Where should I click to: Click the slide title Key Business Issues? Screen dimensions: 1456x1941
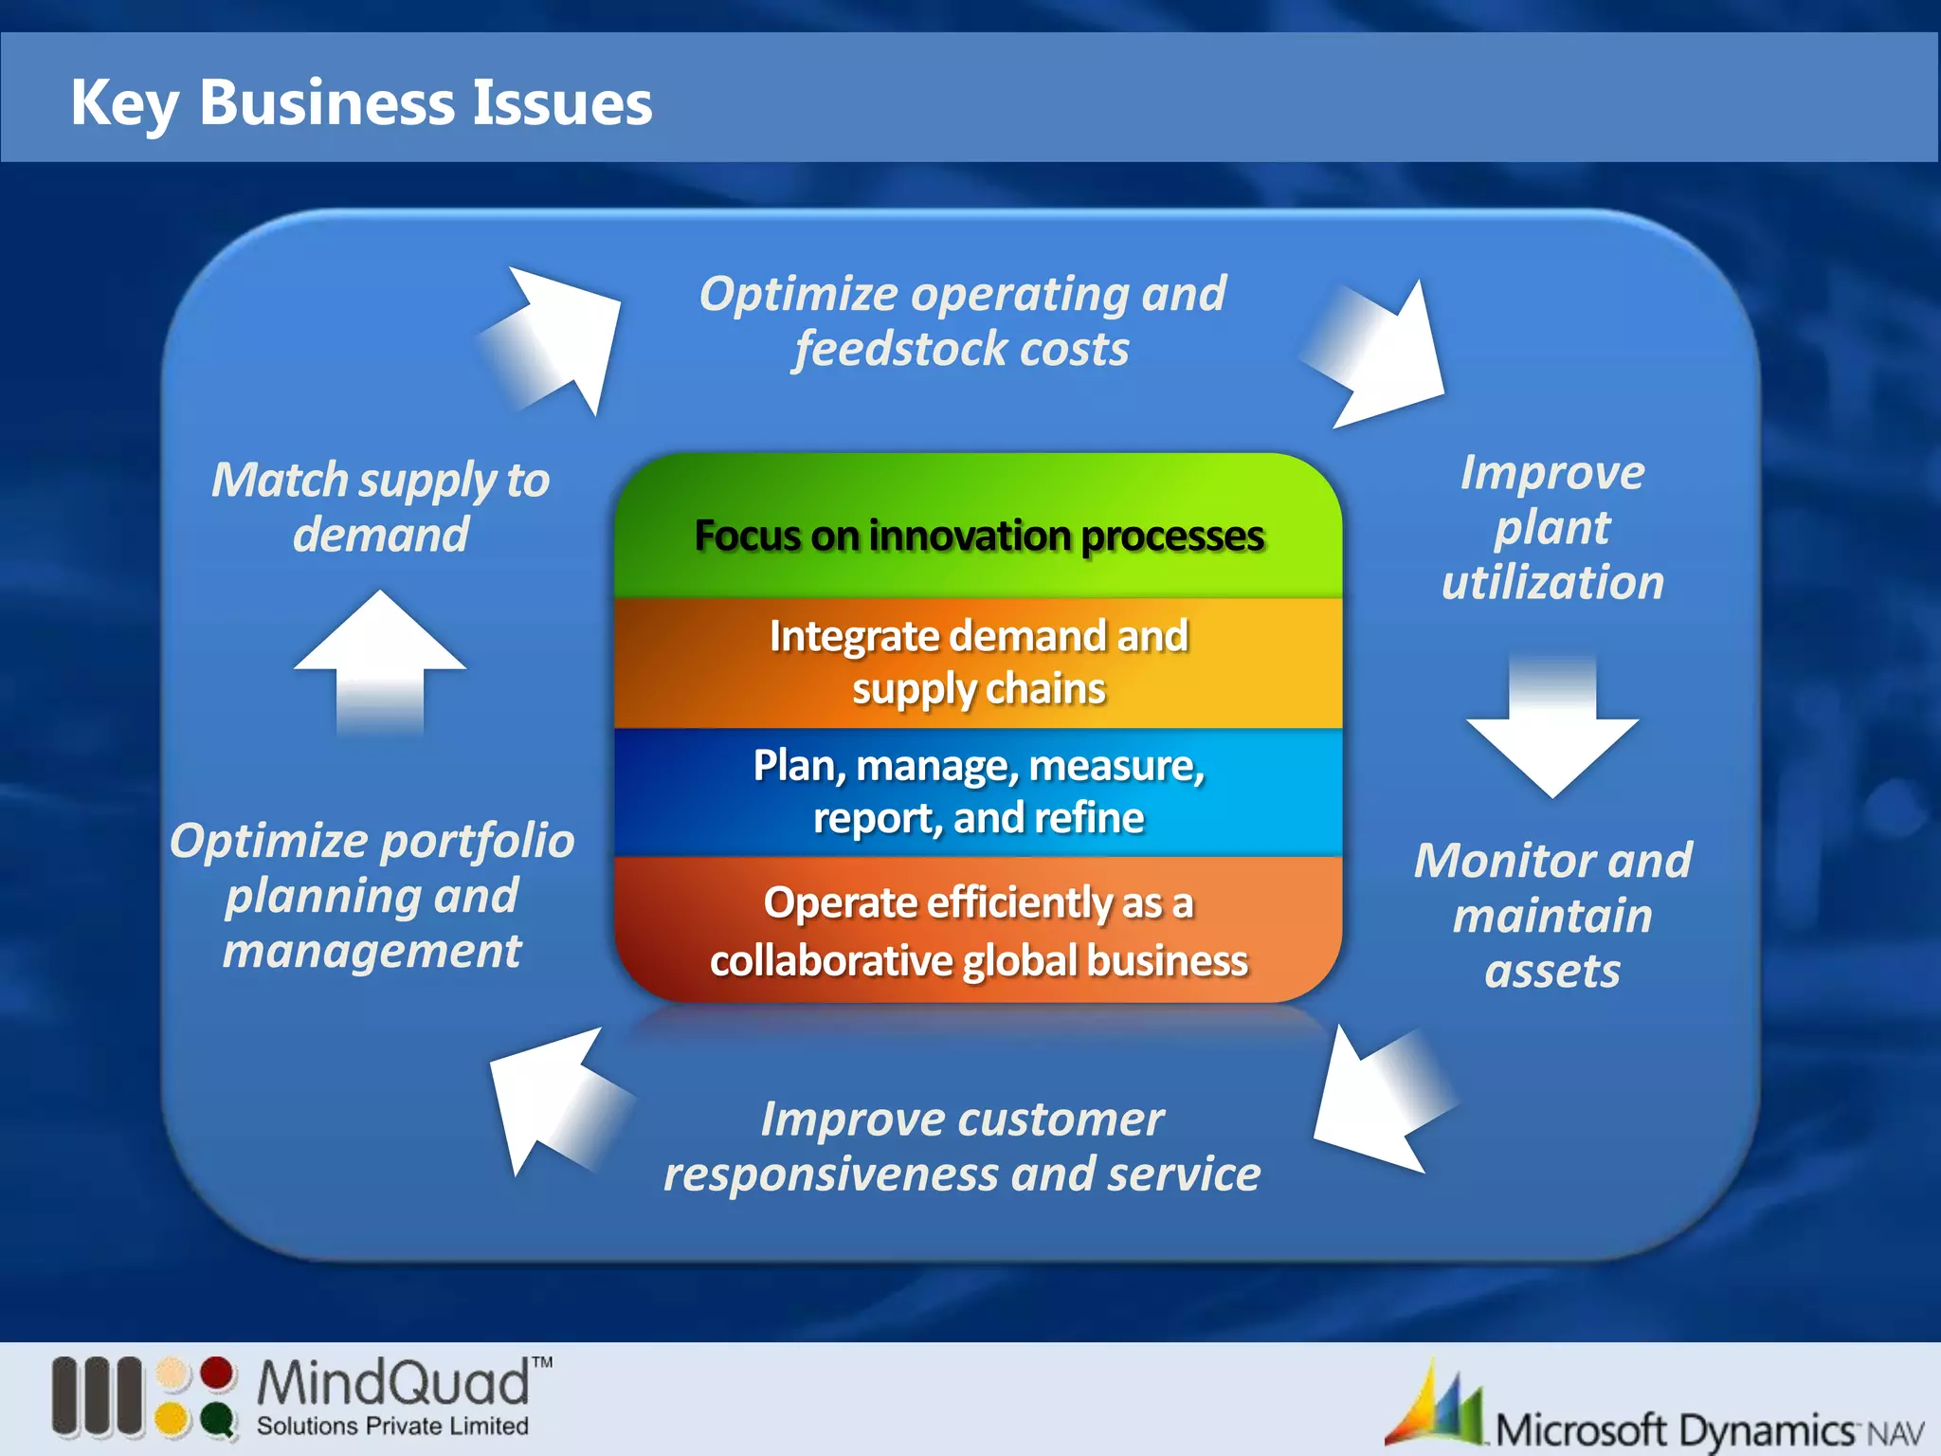click(x=361, y=102)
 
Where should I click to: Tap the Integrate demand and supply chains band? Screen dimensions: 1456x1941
click(x=978, y=662)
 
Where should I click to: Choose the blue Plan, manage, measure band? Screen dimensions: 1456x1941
click(x=978, y=791)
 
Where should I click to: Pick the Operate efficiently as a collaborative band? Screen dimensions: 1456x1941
click(x=978, y=930)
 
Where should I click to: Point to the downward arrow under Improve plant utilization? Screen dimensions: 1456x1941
click(x=1552, y=730)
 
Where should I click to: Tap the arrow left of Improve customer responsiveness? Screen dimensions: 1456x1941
click(x=554, y=1100)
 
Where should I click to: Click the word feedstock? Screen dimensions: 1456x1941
click(x=888, y=349)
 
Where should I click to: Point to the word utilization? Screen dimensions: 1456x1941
click(x=1552, y=582)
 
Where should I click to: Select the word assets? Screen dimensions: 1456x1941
click(x=1552, y=972)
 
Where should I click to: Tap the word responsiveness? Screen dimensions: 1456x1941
click(x=831, y=1175)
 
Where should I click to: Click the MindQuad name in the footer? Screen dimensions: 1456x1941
click(x=393, y=1383)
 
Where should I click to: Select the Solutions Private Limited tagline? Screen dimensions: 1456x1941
click(x=392, y=1427)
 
